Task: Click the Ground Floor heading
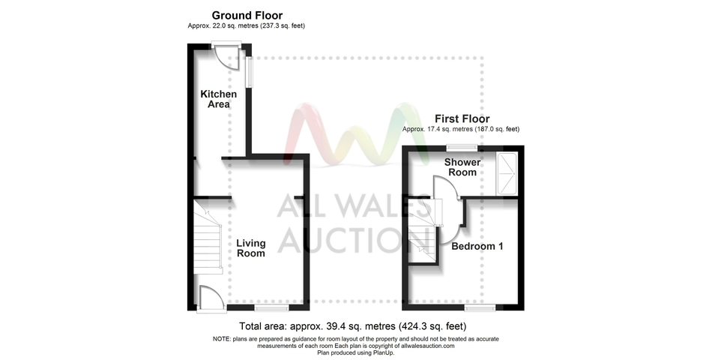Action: click(x=247, y=16)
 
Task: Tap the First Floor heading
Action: click(x=462, y=118)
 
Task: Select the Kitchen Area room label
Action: click(x=219, y=99)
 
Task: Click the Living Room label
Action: click(x=251, y=248)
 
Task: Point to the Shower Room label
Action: click(x=462, y=166)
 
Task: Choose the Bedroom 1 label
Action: click(x=477, y=246)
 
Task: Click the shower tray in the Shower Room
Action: click(x=507, y=174)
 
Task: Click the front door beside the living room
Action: click(x=211, y=298)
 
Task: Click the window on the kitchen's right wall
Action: click(x=249, y=71)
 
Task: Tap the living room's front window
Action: click(x=271, y=308)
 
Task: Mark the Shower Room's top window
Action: click(x=462, y=147)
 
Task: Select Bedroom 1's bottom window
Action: click(x=480, y=308)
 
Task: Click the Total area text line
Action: click(x=353, y=326)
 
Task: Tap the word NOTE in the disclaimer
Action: click(x=221, y=339)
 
